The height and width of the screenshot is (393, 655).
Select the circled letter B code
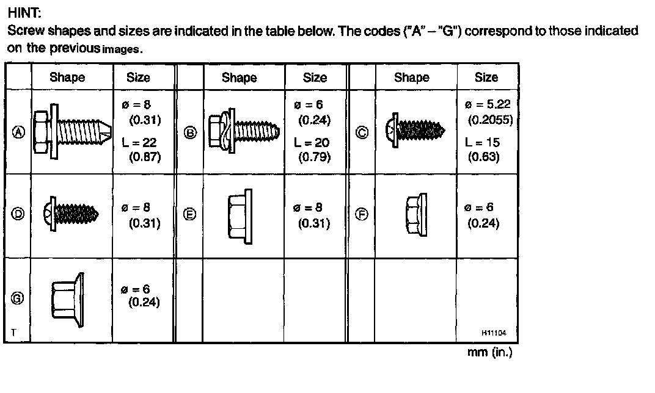(190, 133)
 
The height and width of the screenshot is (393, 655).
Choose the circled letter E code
(190, 214)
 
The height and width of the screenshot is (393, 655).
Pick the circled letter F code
(362, 214)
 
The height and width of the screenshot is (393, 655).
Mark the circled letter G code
(18, 298)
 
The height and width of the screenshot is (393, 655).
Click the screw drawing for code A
(71, 132)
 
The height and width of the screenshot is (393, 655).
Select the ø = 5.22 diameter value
(487, 104)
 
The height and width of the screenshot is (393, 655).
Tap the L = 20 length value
(312, 142)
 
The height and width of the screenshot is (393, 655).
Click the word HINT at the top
(24, 13)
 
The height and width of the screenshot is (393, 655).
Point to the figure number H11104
(494, 333)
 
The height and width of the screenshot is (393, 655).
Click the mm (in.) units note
(489, 353)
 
